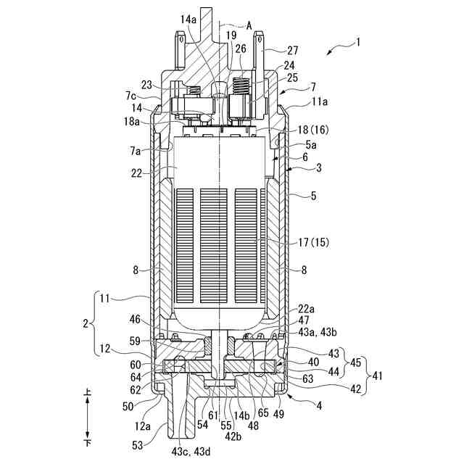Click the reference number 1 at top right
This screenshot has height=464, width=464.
[357, 43]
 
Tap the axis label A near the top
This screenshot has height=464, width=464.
[249, 25]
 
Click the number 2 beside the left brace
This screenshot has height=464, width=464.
[86, 324]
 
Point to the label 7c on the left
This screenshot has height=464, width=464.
[130, 96]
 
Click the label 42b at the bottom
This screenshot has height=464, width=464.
[233, 436]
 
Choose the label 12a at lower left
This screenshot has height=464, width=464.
[142, 426]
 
